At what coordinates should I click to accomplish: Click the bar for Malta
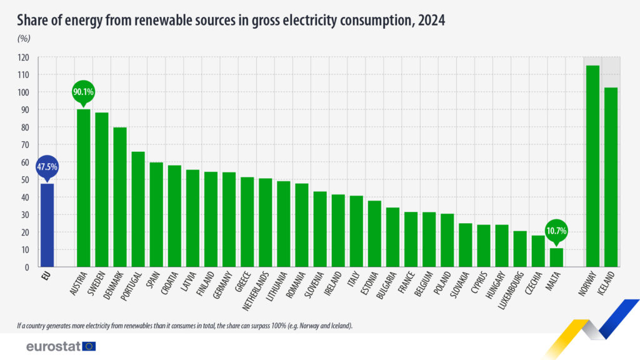pyautogui.click(x=556, y=257)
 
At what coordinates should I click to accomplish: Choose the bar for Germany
pyautogui.click(x=229, y=219)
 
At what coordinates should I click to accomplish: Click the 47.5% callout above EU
pyautogui.click(x=47, y=167)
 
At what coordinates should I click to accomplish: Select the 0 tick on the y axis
pyautogui.click(x=28, y=267)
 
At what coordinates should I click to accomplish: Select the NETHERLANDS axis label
pyautogui.click(x=257, y=293)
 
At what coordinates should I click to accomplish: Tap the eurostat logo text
pyautogui.click(x=52, y=346)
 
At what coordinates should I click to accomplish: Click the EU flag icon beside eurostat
pyautogui.click(x=89, y=346)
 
